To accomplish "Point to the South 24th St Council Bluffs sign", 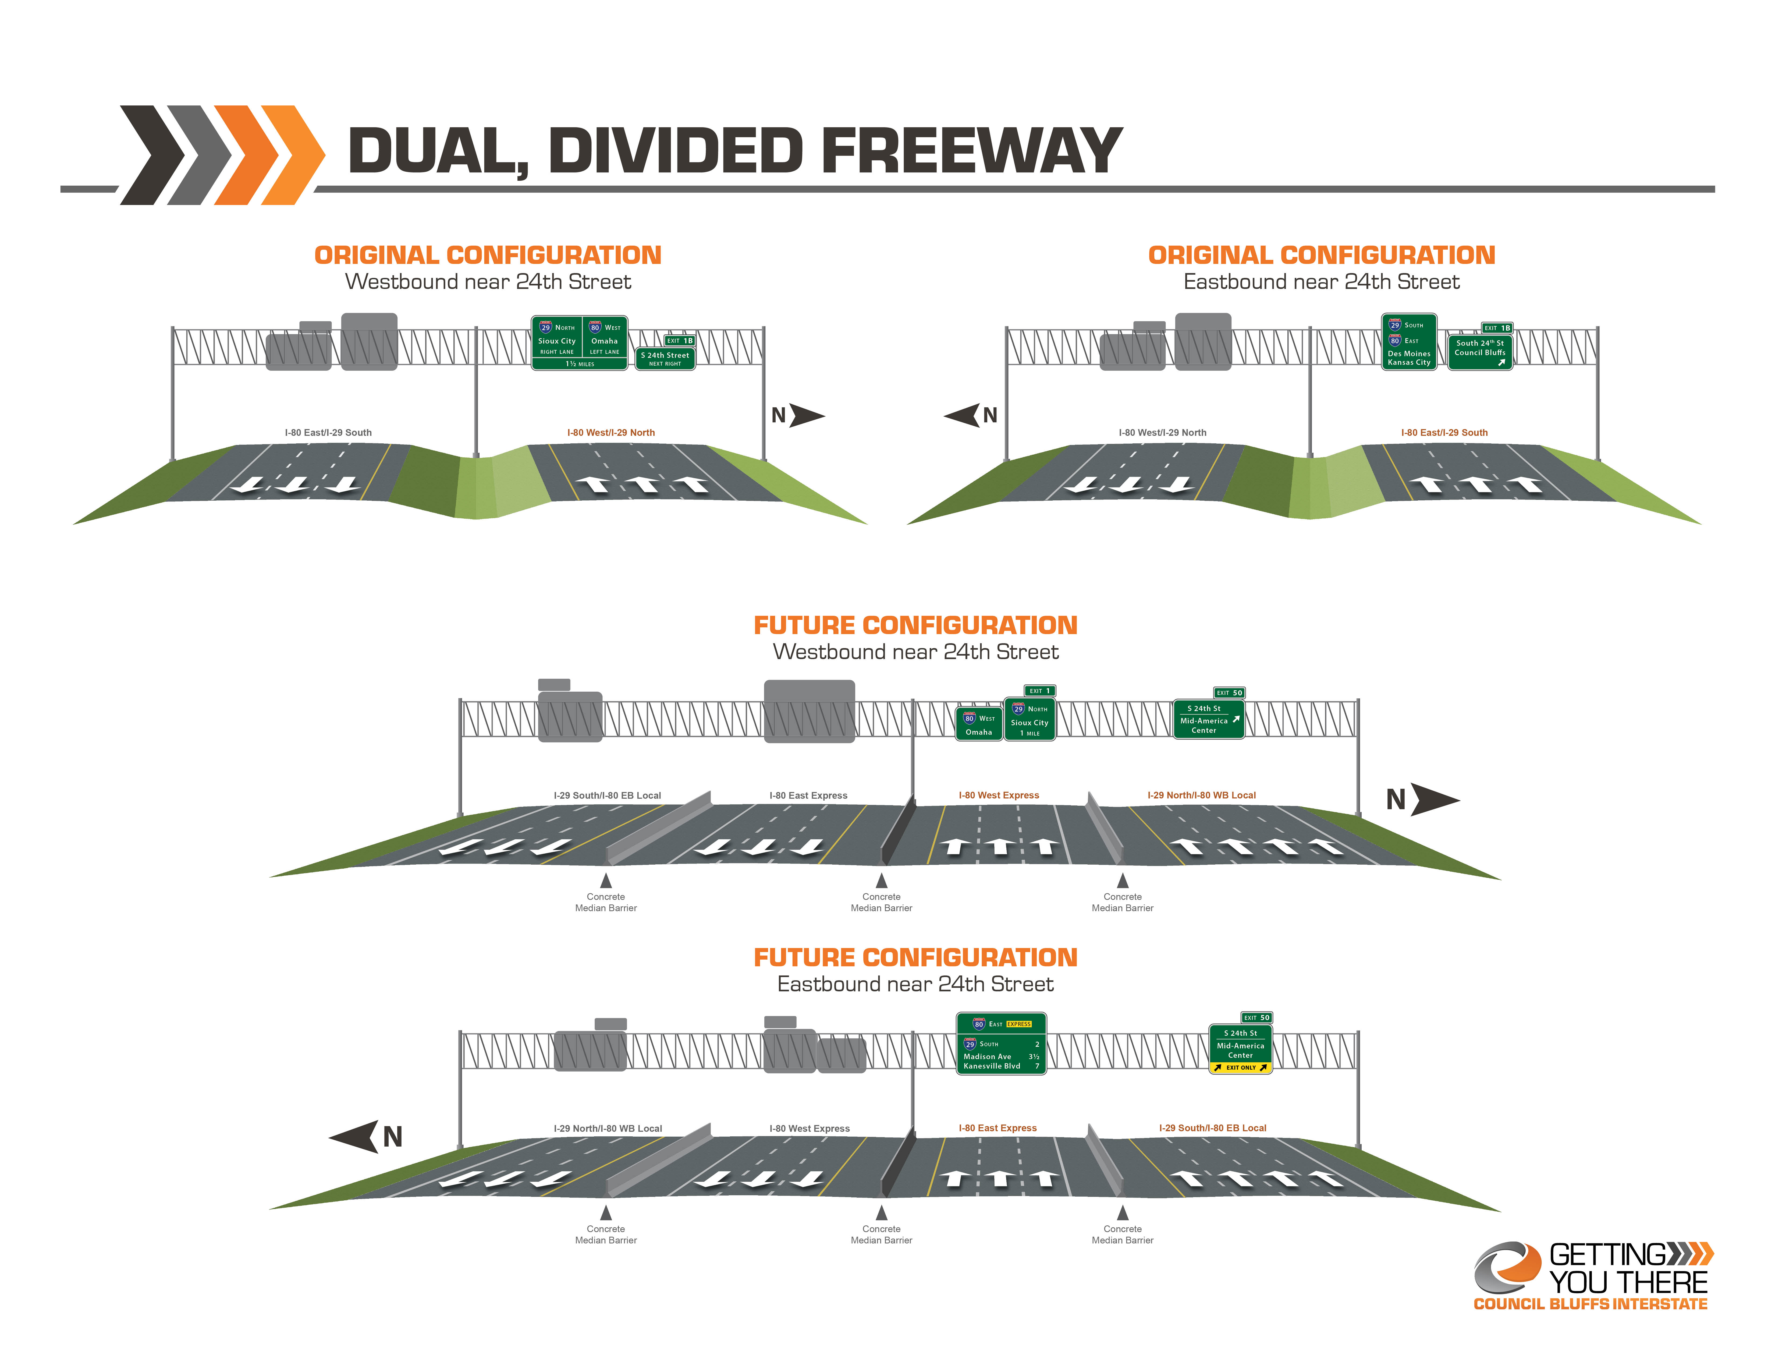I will coord(1480,352).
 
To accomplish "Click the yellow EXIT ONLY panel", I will coord(1240,1067).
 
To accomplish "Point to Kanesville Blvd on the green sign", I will coord(992,1066).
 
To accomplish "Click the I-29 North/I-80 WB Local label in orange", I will coord(1201,795).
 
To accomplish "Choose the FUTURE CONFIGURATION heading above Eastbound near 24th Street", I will coord(915,957).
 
